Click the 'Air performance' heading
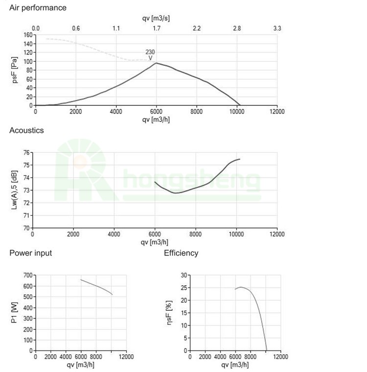[38, 8]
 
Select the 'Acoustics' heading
[26, 130]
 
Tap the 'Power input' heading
[30, 253]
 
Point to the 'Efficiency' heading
[181, 253]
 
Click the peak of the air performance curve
[156, 63]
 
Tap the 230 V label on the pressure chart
[150, 55]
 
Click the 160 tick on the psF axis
[27, 35]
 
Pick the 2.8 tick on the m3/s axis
[237, 28]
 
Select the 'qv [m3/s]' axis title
[156, 18]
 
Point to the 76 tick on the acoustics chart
[27, 153]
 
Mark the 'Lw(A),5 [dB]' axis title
[14, 191]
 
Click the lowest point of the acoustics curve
[176, 193]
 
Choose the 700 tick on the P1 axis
[27, 275]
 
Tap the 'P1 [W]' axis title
[14, 313]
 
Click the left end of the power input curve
[81, 279]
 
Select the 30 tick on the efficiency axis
[182, 275]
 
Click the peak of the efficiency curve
[241, 287]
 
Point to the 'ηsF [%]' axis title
[169, 313]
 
